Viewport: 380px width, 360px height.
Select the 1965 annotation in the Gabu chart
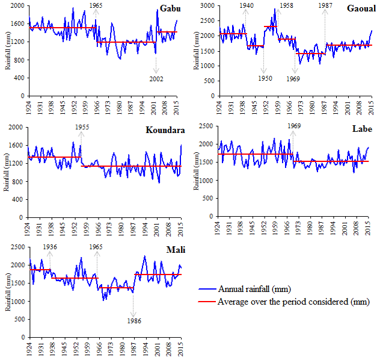[96, 5]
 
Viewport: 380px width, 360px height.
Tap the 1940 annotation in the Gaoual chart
[246, 5]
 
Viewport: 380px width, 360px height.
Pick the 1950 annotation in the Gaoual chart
[263, 78]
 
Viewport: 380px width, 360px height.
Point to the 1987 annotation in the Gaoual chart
[325, 5]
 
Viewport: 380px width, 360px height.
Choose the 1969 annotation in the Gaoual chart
[293, 78]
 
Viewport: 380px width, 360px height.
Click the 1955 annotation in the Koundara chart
[83, 127]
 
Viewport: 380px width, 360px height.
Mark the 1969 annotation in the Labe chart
[294, 126]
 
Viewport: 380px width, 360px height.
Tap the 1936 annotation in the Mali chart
[50, 246]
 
